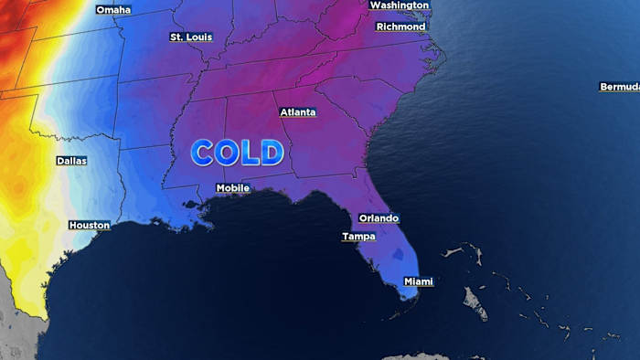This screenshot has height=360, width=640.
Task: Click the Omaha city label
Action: (x=113, y=10)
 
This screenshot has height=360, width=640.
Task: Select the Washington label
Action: (x=399, y=5)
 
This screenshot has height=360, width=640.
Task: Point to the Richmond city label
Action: (x=400, y=26)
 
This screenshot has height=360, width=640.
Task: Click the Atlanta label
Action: (x=298, y=112)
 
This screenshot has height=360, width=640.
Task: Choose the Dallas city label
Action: (x=72, y=161)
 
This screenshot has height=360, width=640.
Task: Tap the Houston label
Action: (x=90, y=225)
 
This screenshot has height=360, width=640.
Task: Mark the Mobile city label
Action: (x=232, y=188)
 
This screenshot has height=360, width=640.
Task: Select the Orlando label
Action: (x=379, y=218)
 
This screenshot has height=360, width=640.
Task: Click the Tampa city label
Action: (x=358, y=237)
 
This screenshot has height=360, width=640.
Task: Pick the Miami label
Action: (x=418, y=281)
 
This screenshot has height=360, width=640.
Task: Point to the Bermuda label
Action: (x=619, y=87)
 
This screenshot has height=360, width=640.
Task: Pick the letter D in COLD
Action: (x=271, y=153)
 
